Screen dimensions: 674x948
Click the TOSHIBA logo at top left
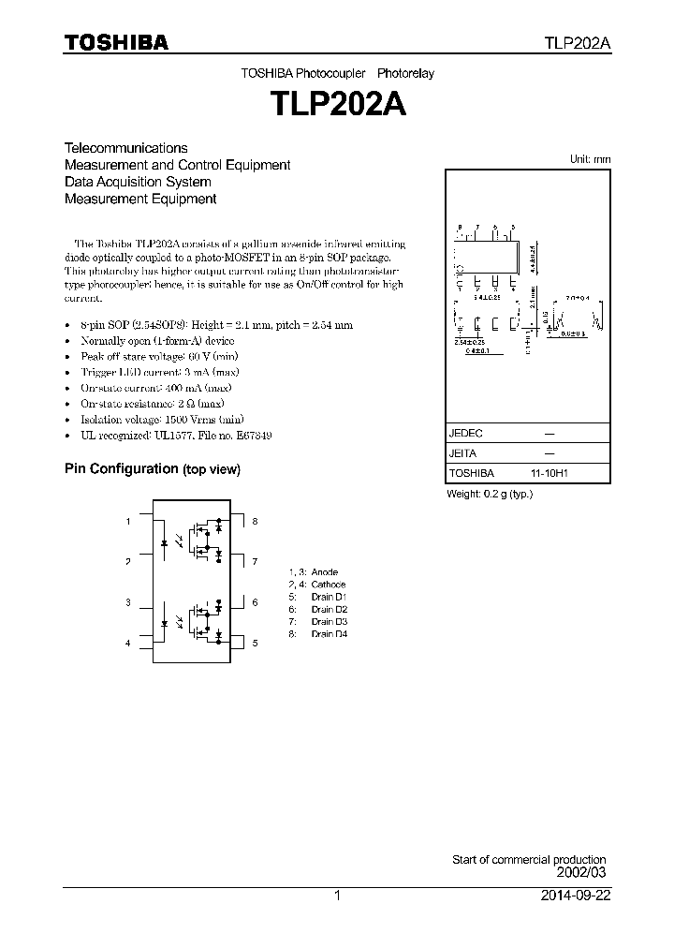(116, 43)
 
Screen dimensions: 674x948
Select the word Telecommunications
(125, 148)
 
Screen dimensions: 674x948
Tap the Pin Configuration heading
(152, 468)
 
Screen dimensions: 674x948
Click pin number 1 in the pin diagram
(128, 521)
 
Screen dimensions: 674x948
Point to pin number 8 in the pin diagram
(254, 521)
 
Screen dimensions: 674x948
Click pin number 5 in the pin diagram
(254, 644)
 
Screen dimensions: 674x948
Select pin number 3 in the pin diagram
(128, 602)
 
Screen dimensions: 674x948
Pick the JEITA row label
(463, 453)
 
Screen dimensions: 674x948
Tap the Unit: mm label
(590, 159)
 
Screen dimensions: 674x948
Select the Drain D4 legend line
(319, 634)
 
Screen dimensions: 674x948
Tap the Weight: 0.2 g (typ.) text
(490, 494)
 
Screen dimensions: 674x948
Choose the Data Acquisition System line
(138, 182)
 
